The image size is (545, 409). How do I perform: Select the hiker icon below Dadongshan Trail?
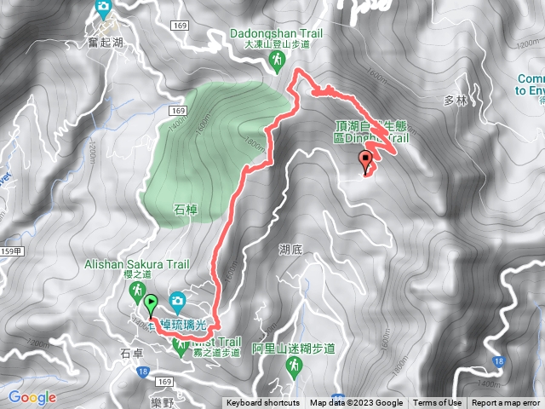pyautogui.click(x=277, y=60)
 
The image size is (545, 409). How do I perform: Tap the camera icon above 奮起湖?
pyautogui.click(x=104, y=9)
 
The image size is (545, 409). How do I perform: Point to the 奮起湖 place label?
pyautogui.click(x=105, y=31)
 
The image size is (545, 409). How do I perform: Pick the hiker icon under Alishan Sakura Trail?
pyautogui.click(x=136, y=294)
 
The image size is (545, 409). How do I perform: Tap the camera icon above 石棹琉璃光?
pyautogui.click(x=177, y=300)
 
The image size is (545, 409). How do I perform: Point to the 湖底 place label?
pyautogui.click(x=290, y=250)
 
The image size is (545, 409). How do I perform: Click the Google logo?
pyautogui.click(x=32, y=397)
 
